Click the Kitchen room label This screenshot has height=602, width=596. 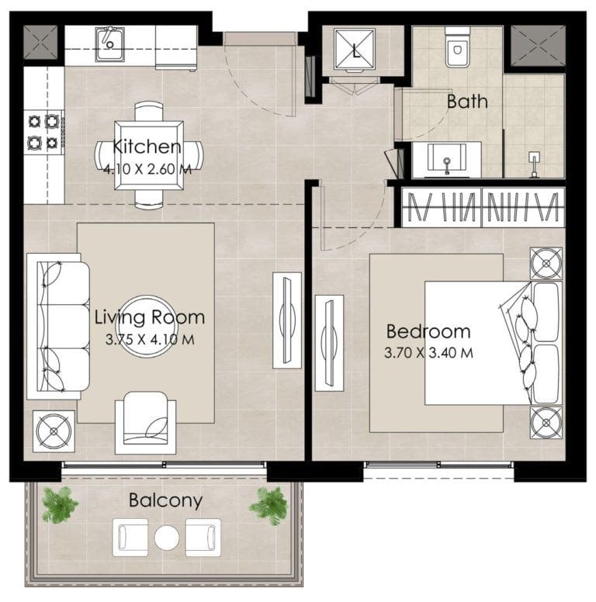tap(147, 147)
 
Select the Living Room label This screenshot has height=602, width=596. tap(150, 317)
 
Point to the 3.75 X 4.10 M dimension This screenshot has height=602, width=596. tap(150, 338)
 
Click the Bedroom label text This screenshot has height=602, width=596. tap(428, 331)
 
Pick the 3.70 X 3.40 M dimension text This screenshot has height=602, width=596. tap(428, 352)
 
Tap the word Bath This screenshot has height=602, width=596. tap(467, 101)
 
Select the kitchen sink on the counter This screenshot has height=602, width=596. tap(109, 43)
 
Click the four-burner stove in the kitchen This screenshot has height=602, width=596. tap(44, 131)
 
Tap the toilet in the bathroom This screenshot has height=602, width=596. tap(456, 48)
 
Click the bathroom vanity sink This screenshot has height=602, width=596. tap(447, 160)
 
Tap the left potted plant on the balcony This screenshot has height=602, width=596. tap(60, 504)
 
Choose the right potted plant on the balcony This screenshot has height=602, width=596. tap(269, 505)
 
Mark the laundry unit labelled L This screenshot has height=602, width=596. tap(355, 51)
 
